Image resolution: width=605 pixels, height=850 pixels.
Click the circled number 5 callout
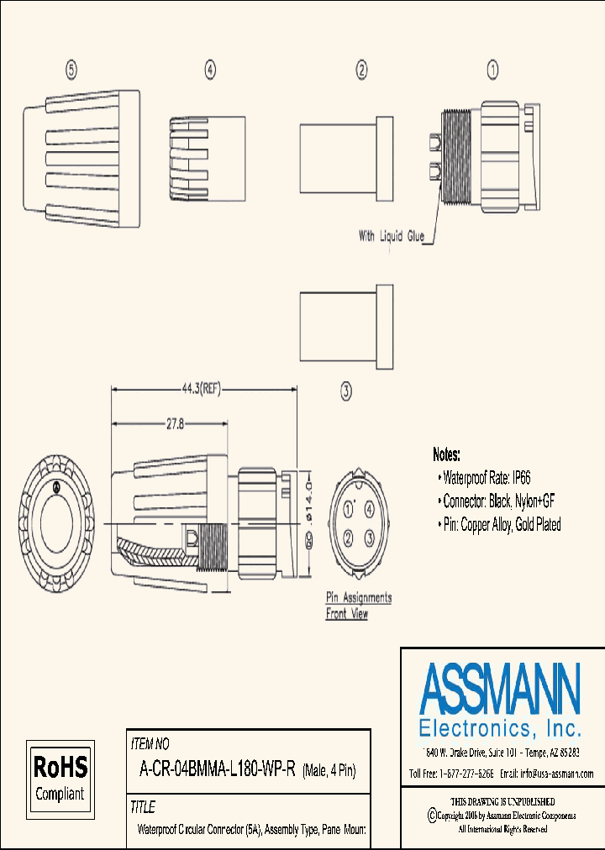click(x=72, y=71)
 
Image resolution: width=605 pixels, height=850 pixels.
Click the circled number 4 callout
click(x=210, y=71)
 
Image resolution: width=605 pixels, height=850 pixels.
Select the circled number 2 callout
click(x=361, y=71)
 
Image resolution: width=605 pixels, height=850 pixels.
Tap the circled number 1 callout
click(x=493, y=71)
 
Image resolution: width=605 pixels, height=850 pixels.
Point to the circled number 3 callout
click(x=345, y=390)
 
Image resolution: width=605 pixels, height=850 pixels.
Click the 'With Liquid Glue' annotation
click(x=392, y=237)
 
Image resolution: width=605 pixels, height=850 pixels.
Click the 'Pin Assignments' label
click(x=359, y=598)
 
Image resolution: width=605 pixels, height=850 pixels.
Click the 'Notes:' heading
click(x=446, y=455)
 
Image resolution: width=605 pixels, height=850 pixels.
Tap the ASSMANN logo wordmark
click(x=500, y=688)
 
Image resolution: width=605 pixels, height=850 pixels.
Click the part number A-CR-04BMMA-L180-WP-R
click(x=216, y=770)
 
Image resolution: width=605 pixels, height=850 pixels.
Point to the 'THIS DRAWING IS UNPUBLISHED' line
click(x=502, y=802)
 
